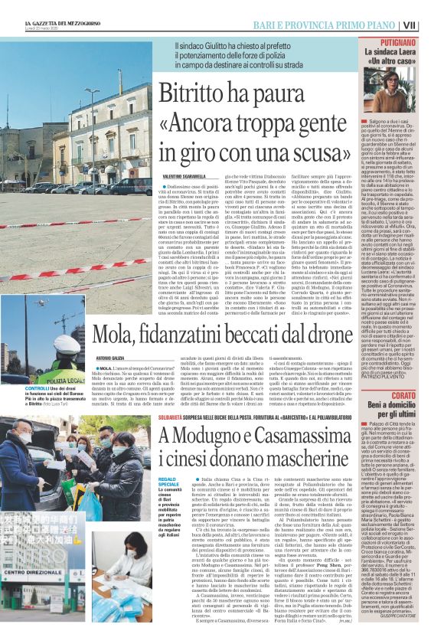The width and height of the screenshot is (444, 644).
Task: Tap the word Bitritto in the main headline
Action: [x=196, y=93]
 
